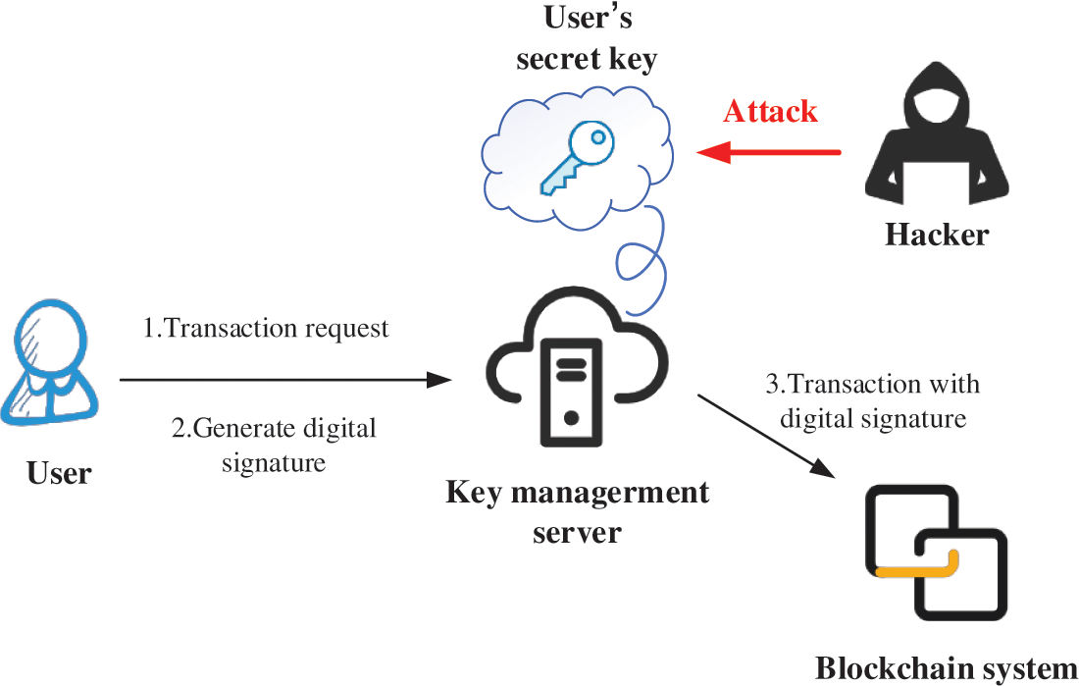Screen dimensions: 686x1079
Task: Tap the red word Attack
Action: point(770,111)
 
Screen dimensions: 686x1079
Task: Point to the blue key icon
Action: point(579,156)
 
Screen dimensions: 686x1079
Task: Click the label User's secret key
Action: point(587,39)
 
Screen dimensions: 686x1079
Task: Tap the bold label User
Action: point(59,473)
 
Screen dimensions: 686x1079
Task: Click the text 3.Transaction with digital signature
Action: point(873,400)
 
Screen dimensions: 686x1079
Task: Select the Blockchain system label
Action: point(946,668)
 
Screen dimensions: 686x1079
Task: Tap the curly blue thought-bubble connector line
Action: point(638,261)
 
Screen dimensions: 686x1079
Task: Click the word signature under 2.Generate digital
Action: point(274,462)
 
